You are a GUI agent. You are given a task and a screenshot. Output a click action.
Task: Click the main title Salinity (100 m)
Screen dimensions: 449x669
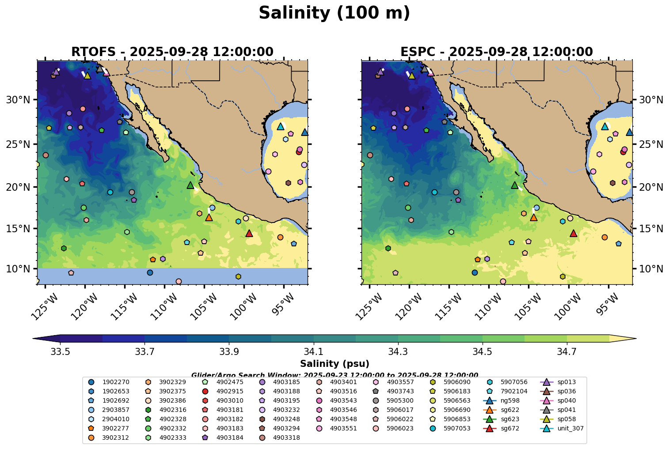pyautogui.click(x=334, y=13)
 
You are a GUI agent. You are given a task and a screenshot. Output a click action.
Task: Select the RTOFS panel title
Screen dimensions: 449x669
pyautogui.click(x=172, y=52)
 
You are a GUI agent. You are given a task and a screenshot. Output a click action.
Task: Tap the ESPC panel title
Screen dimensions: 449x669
pyautogui.click(x=497, y=52)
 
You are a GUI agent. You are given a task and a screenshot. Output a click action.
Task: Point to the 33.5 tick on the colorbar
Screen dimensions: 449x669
pyautogui.click(x=60, y=352)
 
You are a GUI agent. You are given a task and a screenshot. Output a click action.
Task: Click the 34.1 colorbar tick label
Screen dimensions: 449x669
pyautogui.click(x=314, y=352)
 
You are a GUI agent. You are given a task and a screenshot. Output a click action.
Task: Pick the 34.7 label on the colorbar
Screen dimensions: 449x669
pyautogui.click(x=567, y=352)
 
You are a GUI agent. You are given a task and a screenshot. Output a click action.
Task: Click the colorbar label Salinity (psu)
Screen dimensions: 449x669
pyautogui.click(x=334, y=364)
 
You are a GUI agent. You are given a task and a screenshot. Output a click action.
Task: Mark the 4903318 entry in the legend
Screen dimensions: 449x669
pyautogui.click(x=286, y=438)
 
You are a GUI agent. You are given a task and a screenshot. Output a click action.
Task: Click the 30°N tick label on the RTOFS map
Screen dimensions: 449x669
pyautogui.click(x=18, y=100)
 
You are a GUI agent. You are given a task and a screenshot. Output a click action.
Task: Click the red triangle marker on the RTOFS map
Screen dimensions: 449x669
pyautogui.click(x=249, y=233)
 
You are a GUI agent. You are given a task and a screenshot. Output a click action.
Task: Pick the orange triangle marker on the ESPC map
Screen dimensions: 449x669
pyautogui.click(x=533, y=217)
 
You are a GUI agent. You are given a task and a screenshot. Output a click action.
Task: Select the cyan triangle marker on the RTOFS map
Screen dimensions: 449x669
pyautogui.click(x=280, y=126)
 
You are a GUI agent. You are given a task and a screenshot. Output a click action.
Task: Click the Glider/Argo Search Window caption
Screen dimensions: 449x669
pyautogui.click(x=334, y=374)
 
